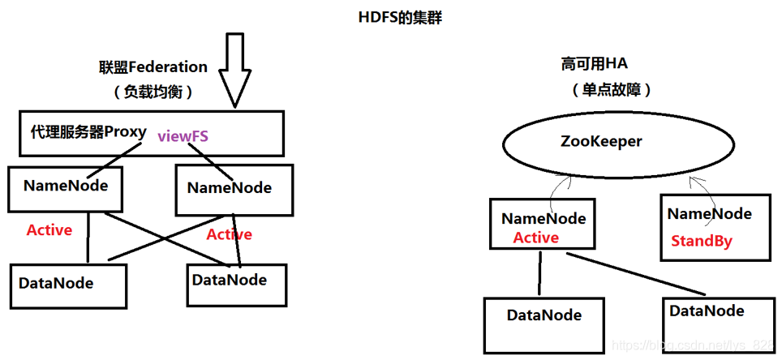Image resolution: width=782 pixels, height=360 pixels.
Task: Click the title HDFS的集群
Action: click(x=401, y=17)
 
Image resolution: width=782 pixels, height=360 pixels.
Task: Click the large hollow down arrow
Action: click(x=234, y=70)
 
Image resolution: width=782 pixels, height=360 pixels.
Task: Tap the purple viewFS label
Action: click(x=183, y=136)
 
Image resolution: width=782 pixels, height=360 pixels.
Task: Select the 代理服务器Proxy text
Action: click(x=88, y=131)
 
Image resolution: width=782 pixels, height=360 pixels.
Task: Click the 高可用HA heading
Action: click(x=595, y=63)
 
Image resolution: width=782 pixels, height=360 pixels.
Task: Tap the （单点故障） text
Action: click(x=606, y=88)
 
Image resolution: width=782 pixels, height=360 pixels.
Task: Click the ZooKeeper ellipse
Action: click(x=601, y=142)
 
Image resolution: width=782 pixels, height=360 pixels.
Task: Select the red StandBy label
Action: click(x=702, y=241)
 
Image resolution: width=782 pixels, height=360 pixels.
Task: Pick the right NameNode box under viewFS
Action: click(x=233, y=191)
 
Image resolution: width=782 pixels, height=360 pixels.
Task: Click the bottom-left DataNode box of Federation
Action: click(x=68, y=285)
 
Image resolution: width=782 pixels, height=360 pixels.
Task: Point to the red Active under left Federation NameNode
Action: click(x=49, y=230)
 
